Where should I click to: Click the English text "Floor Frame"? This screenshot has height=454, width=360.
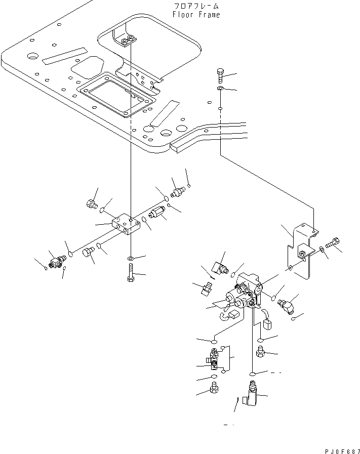point(196,15)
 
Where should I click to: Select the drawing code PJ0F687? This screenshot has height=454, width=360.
point(343,448)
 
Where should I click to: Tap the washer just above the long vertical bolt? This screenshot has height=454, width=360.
point(131,259)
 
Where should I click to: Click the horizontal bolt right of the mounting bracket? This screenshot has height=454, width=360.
point(334,243)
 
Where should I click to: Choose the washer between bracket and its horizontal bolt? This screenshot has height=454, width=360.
point(322,249)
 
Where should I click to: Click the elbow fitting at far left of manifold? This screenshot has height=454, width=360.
point(56,260)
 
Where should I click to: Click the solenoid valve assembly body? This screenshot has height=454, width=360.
point(243,294)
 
